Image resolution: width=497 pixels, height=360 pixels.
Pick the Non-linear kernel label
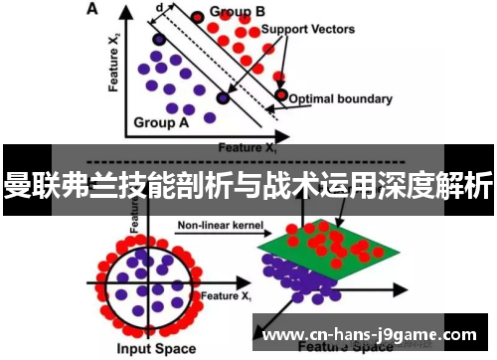(213, 226)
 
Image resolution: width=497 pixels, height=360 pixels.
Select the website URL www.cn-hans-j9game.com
(374, 335)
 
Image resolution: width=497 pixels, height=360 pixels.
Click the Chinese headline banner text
(248, 186)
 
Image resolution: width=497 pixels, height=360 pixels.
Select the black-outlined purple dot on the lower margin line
(223, 97)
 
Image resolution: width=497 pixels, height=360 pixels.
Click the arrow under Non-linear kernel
(214, 236)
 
